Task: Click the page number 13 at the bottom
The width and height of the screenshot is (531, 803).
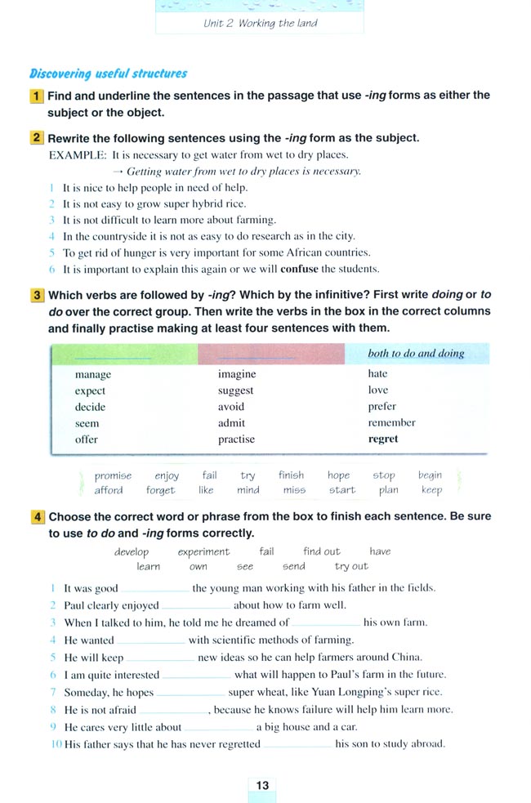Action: tap(262, 785)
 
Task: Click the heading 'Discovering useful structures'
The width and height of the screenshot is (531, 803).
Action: tap(109, 74)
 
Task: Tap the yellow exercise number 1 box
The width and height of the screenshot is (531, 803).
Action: tap(37, 96)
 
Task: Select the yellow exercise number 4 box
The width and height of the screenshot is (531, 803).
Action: tap(38, 517)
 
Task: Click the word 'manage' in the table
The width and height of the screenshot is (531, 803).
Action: tap(92, 375)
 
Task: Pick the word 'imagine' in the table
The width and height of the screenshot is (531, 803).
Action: tap(237, 374)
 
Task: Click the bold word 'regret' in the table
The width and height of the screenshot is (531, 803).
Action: tap(383, 439)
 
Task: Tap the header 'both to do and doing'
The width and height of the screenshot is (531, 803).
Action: tap(416, 354)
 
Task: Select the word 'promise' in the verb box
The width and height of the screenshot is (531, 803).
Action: tap(113, 475)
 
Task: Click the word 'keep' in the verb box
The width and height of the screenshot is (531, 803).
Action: tap(431, 490)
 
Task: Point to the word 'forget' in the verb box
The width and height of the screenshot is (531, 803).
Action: tap(160, 490)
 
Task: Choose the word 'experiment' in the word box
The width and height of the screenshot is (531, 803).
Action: tap(203, 551)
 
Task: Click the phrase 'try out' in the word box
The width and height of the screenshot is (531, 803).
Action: tap(351, 566)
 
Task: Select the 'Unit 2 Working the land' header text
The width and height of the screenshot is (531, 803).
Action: tap(261, 23)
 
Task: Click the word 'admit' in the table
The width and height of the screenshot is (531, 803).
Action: tap(231, 423)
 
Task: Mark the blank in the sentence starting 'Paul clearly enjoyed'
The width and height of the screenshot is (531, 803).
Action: tap(196, 606)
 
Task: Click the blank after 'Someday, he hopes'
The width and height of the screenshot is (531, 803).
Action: tap(190, 692)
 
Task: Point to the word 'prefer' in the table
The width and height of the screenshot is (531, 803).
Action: tap(382, 406)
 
